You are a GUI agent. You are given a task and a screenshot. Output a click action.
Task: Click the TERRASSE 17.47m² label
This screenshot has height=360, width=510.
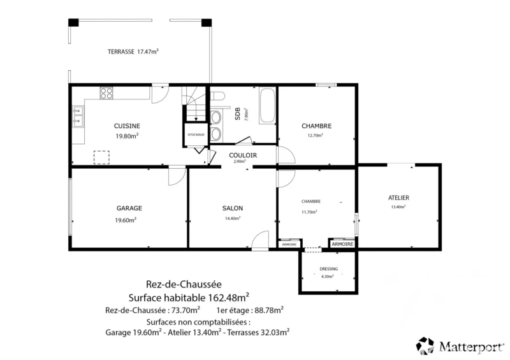(x=133, y=52)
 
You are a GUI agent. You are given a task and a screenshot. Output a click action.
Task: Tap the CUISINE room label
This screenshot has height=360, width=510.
(x=127, y=126)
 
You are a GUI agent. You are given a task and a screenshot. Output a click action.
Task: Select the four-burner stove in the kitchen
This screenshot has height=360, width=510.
(x=106, y=93)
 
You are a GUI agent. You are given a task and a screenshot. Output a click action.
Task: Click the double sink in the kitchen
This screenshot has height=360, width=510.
(x=78, y=116)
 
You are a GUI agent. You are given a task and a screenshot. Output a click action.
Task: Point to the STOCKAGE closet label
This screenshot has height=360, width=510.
(x=196, y=134)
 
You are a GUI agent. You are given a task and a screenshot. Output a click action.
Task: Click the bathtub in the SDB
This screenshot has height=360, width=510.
(x=267, y=105)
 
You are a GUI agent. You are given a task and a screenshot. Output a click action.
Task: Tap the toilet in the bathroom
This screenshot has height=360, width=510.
(x=217, y=97)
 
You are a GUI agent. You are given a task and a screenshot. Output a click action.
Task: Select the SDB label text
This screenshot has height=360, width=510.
(x=238, y=114)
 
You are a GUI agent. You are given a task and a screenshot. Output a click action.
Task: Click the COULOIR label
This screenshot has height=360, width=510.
(x=243, y=155)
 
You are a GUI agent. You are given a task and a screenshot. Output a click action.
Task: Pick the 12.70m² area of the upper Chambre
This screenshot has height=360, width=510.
(x=315, y=135)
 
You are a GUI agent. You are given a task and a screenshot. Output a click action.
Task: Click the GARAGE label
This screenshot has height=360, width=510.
(x=129, y=208)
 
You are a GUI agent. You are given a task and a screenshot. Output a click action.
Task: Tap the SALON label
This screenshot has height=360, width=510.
(x=233, y=208)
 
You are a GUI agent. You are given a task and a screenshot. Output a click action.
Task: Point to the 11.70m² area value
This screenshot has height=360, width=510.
(x=309, y=212)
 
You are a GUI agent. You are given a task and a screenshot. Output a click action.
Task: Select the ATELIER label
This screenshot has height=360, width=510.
(x=398, y=198)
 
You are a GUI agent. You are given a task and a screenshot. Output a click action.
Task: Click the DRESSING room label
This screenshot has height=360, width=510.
(x=328, y=269)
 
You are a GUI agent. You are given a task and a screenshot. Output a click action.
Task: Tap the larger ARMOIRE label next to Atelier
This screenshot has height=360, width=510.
(x=342, y=244)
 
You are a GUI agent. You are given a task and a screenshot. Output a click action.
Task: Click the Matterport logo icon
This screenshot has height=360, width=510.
(x=425, y=346)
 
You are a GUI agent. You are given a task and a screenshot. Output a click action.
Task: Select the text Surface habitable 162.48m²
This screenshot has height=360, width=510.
(x=189, y=298)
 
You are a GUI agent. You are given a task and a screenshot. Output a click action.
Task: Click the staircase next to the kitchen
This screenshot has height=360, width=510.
(x=194, y=103)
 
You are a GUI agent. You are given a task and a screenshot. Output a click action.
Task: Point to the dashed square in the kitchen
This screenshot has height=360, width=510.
(x=101, y=157)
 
